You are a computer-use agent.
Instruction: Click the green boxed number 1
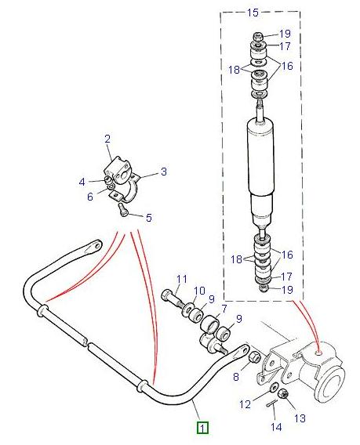point(202,428)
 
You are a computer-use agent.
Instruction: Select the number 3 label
point(164,172)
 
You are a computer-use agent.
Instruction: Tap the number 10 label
point(199,291)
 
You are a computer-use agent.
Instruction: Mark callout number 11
point(182,279)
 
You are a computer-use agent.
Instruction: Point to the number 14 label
point(275,427)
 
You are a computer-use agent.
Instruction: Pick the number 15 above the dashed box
point(253,13)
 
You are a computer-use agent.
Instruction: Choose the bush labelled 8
point(253,359)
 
